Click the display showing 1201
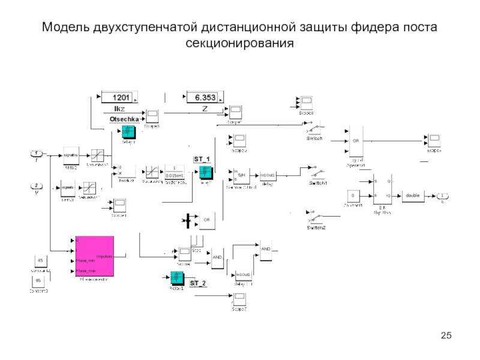tap(118, 97)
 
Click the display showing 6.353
tap(203, 97)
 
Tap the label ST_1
tap(202, 159)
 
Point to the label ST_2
tap(198, 282)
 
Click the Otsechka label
tap(124, 120)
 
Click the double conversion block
tap(413, 196)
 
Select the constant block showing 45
tap(40, 261)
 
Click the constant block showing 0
tap(353, 196)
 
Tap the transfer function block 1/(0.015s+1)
tap(175, 172)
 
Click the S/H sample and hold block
tap(241, 174)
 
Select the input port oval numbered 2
tap(37, 186)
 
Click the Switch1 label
tap(318, 182)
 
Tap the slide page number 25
tap(445, 335)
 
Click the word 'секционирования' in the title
tap(240, 43)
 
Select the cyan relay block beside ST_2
tap(176, 277)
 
